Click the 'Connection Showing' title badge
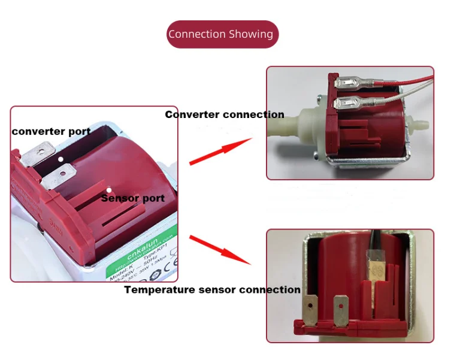[222, 34]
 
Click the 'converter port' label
[51, 131]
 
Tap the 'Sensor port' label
[132, 198]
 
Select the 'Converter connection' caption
[225, 114]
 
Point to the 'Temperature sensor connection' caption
[212, 290]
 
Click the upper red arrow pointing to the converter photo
[220, 150]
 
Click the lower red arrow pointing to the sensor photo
[220, 250]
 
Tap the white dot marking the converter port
[61, 159]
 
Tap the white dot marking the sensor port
[108, 190]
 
